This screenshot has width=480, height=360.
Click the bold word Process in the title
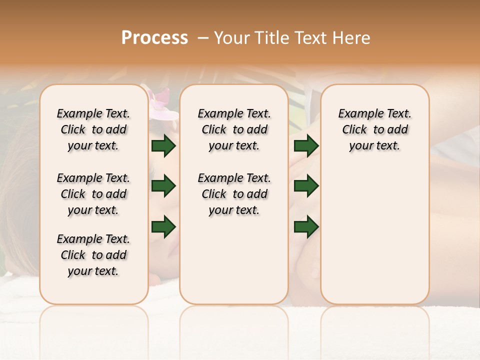pos(154,38)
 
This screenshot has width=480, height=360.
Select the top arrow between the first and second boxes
pos(163,146)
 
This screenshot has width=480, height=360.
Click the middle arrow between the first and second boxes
pos(163,186)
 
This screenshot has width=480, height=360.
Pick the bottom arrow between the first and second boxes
pos(163,226)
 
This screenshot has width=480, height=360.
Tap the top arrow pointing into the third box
pos(306,146)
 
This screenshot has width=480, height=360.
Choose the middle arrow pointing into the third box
pos(306,186)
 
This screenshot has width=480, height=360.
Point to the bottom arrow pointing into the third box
pos(306,226)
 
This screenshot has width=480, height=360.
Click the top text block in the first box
pos(93,129)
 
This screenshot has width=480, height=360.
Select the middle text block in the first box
pos(93,194)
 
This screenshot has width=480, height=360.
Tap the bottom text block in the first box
pos(93,255)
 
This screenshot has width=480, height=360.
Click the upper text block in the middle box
pos(234,129)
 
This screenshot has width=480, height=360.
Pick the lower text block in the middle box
pos(234,194)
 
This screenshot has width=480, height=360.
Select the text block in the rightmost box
pos(374,129)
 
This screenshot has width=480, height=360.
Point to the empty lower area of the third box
pos(374,240)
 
